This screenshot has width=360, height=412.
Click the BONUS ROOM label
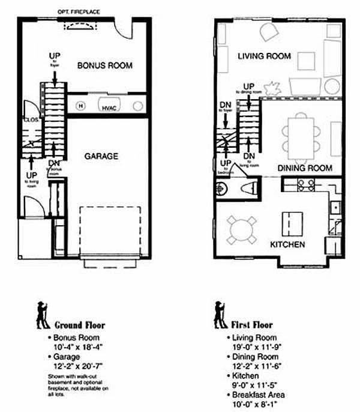[104, 65]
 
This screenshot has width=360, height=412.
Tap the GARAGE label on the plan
[101, 156]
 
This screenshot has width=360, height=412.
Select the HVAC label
[109, 108]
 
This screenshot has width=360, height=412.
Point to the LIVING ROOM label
[264, 56]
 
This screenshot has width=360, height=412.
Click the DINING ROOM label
[305, 168]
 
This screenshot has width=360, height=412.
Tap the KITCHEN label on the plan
[287, 245]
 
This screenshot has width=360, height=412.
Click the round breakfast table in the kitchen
[242, 229]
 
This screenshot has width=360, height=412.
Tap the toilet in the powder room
[248, 188]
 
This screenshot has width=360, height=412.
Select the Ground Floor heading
[80, 326]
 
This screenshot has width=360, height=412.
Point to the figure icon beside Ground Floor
[43, 315]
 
